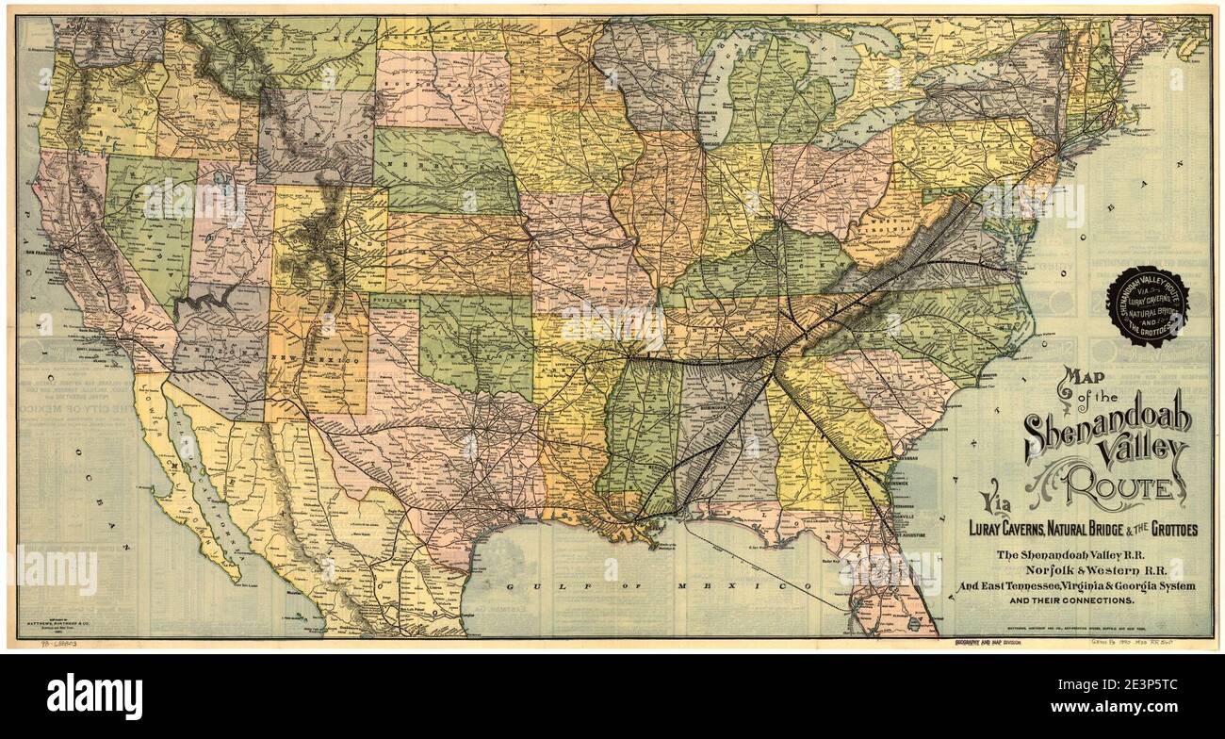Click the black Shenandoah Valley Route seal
click(x=1149, y=305)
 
